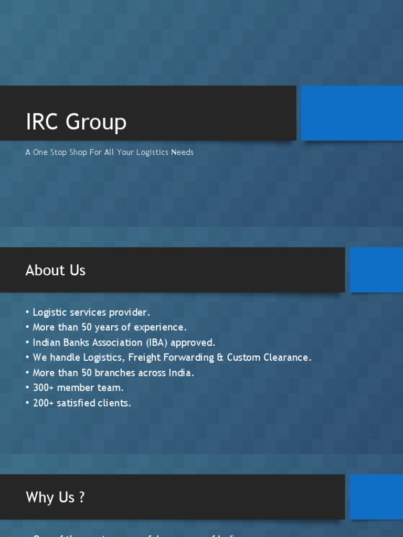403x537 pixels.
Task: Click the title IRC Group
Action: click(x=76, y=122)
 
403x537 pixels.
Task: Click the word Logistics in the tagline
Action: click(x=152, y=152)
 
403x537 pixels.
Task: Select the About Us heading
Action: click(x=55, y=270)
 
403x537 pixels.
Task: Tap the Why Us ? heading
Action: click(x=55, y=497)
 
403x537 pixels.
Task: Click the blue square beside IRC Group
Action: click(x=352, y=113)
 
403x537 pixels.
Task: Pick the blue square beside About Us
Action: click(x=376, y=270)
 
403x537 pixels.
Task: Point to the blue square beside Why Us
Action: click(x=376, y=497)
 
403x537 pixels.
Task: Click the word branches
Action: click(x=114, y=373)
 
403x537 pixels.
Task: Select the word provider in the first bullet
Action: click(x=129, y=313)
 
